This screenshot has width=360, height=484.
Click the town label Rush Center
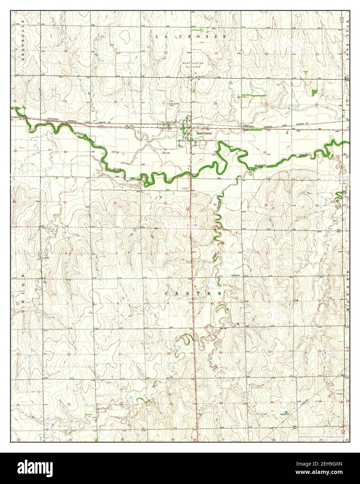click(204, 133)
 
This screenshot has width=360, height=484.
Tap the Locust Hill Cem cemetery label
click(171, 104)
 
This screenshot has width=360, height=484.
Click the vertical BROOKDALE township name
click(23, 40)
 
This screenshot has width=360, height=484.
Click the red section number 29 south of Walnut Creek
click(117, 153)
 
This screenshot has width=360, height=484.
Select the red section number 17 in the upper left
click(116, 50)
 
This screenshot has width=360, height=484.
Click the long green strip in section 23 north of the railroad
click(254, 95)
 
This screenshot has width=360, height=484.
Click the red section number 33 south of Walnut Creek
click(166, 203)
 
